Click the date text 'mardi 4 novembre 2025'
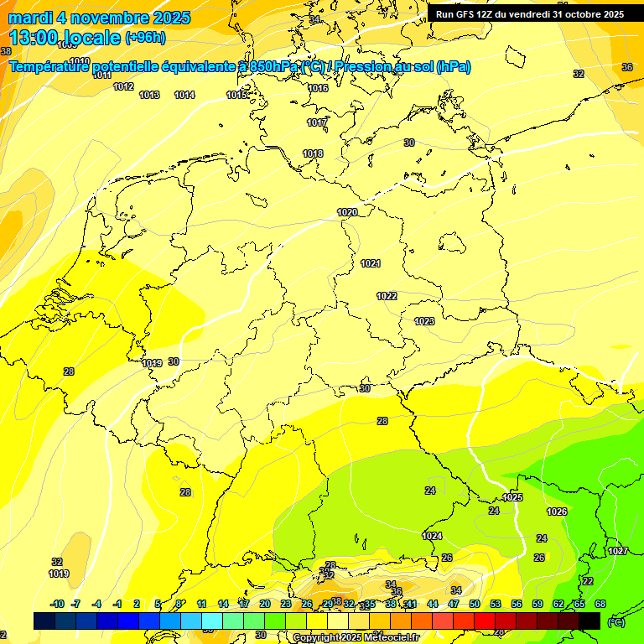(99, 18)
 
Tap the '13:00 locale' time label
(65, 38)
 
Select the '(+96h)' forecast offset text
(145, 38)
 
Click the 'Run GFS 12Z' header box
(529, 13)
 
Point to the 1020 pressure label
(347, 212)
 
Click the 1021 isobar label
(371, 263)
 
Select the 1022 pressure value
(387, 296)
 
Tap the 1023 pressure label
(424, 321)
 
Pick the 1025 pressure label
(512, 497)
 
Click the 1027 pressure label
(618, 551)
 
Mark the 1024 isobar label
(432, 536)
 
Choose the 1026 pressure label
(557, 512)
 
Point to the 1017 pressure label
(317, 122)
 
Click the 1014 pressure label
(184, 95)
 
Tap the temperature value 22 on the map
(588, 581)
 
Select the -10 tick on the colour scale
(57, 604)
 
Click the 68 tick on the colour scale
(600, 604)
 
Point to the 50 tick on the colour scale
(475, 604)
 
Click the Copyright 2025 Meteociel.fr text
(356, 638)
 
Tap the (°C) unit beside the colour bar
(615, 621)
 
